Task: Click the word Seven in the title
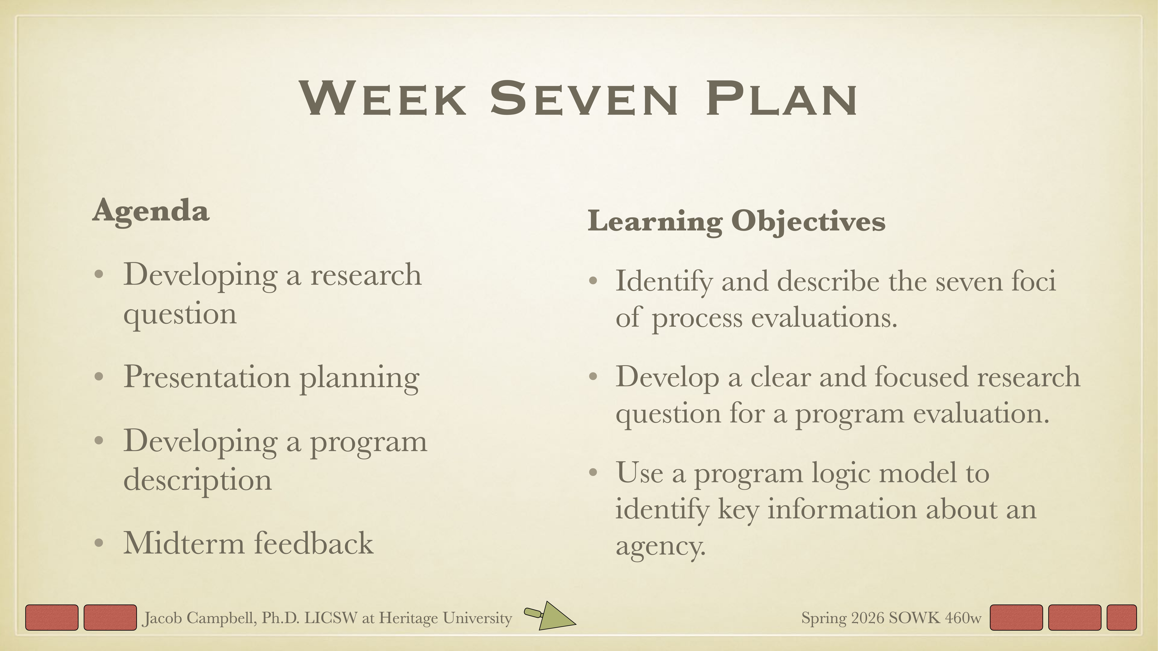tap(584, 99)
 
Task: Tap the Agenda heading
tap(151, 211)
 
